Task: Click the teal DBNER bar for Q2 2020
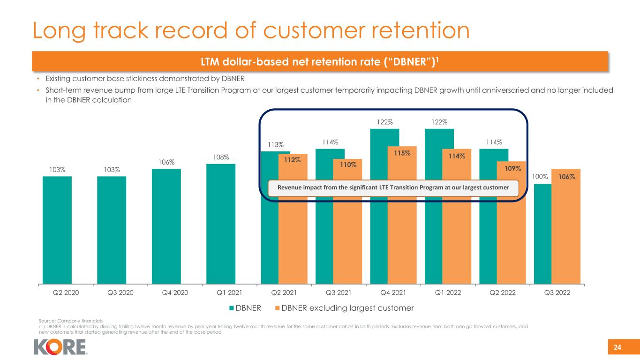57,230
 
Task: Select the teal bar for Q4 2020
166,226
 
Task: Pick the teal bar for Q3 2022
542,234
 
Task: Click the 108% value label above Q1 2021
220,158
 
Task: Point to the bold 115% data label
402,153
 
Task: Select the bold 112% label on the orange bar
293,160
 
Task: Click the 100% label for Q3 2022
540,177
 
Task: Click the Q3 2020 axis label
112,292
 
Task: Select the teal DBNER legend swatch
232,308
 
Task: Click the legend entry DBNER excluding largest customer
346,308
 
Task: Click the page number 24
617,347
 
